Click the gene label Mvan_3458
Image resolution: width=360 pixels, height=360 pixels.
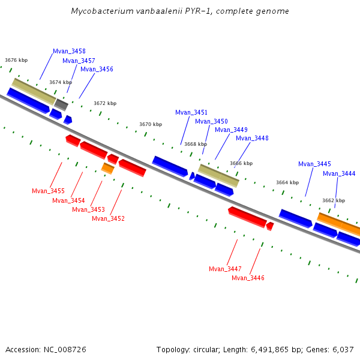69,52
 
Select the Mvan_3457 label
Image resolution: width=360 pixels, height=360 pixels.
79,61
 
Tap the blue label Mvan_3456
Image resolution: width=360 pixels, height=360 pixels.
97,69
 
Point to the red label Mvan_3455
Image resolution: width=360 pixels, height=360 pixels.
48,191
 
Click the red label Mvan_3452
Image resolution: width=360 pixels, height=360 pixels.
108,218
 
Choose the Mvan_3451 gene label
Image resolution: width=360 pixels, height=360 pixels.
191,112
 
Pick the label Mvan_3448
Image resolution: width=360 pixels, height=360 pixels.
252,138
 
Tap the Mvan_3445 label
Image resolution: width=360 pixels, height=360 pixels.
314,164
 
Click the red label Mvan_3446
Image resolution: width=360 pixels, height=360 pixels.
248,278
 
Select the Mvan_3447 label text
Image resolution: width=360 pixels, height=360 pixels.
225,269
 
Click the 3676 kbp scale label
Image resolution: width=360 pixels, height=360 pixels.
16,60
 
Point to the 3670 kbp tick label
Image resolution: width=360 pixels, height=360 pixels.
151,124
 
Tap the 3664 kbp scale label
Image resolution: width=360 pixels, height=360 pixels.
287,182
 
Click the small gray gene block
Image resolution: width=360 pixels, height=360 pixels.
61,104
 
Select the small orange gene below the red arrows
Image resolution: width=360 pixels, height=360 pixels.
107,169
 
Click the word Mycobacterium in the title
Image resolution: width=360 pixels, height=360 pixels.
99,11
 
